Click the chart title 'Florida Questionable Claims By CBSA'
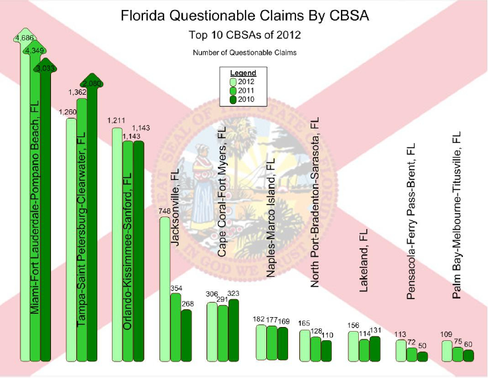[244, 14]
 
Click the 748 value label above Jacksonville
[166, 211]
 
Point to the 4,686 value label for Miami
[24, 38]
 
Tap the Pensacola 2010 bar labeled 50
[422, 356]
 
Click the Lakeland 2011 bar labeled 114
[364, 350]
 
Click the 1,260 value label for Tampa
[68, 112]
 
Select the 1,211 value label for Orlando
[116, 122]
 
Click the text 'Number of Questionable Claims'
[244, 52]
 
